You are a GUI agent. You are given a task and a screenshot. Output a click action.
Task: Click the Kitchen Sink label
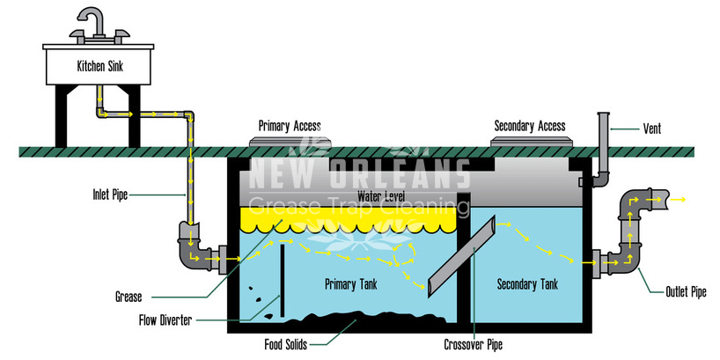point(100,66)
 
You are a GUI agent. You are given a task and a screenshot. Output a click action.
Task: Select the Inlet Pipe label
point(110,195)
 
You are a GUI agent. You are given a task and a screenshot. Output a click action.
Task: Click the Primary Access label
point(290,126)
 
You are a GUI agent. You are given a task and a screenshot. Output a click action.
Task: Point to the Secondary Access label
point(530,126)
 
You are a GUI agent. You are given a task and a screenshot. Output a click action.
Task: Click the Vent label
point(652,129)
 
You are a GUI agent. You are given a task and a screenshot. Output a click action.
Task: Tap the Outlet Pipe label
point(686,292)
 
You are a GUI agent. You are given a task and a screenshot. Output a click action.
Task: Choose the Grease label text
point(129,298)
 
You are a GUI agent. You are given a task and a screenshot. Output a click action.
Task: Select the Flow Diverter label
point(165,320)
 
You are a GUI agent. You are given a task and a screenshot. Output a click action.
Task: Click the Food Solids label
point(285,344)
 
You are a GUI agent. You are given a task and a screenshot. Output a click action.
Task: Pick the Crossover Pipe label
point(474,344)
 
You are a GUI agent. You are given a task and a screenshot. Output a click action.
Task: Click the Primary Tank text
point(351,284)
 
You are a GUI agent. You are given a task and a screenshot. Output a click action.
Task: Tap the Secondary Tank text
point(527,284)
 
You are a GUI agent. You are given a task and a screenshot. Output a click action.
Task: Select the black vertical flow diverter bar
point(283,280)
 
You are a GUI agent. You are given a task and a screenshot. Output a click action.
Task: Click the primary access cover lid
point(289,142)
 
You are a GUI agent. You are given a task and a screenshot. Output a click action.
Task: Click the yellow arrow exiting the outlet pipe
point(677,199)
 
